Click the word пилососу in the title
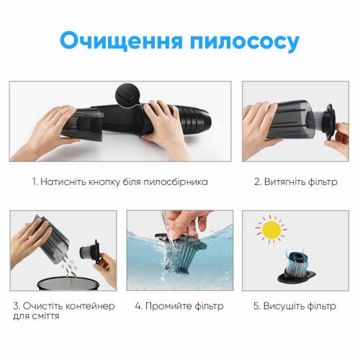coord(247,41)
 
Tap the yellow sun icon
coord(271,230)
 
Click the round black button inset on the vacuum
coord(127,94)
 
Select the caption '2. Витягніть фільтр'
coord(295,182)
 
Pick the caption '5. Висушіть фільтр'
coord(295,306)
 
